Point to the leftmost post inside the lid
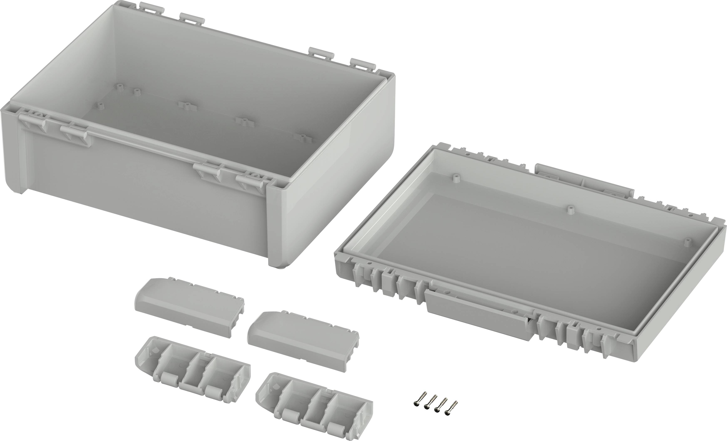[x=456, y=178]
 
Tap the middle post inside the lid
[x=571, y=210]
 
